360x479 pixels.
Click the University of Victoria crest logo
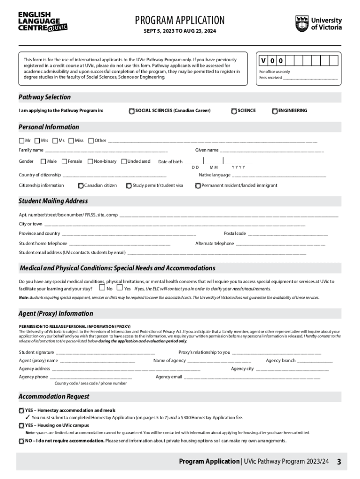[302, 23]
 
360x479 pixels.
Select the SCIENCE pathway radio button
[234, 111]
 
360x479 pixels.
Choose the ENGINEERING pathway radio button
[274, 111]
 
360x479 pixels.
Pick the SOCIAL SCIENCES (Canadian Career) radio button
[131, 111]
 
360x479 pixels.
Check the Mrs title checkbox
[37, 140]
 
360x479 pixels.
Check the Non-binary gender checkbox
[90, 161]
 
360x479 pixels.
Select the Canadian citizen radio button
[81, 186]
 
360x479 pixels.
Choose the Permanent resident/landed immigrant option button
[198, 186]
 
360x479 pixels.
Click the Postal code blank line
[288, 234]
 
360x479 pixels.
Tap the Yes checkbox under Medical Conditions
[120, 288]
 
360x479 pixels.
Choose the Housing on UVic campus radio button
[22, 426]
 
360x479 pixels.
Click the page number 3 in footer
[339, 462]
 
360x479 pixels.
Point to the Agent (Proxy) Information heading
[56, 313]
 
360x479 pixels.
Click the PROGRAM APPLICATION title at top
[180, 20]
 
